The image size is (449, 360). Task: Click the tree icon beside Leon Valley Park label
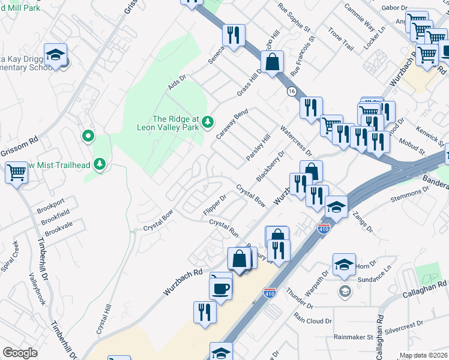tap(208, 122)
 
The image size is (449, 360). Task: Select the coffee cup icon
tap(220, 287)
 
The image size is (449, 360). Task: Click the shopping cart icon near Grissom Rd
tap(17, 173)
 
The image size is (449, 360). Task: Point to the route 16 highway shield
tap(292, 91)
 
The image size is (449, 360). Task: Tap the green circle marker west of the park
tap(88, 137)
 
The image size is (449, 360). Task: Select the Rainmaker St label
tap(354, 337)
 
